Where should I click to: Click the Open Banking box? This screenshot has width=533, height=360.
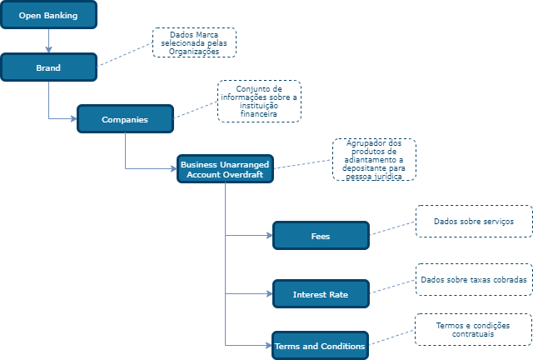48,14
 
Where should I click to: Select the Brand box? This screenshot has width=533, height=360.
48,67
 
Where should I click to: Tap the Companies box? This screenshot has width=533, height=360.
125,119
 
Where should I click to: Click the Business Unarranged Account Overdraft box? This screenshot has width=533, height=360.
226,169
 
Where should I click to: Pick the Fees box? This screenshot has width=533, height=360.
321,236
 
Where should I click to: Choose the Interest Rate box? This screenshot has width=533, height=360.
321,294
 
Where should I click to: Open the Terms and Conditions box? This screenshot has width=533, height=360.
321,345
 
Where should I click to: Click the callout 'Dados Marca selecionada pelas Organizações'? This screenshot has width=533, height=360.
194,42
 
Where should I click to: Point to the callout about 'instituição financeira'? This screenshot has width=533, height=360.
259,101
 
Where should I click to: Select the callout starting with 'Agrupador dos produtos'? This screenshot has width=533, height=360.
374,159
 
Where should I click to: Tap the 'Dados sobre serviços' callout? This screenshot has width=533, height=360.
473,222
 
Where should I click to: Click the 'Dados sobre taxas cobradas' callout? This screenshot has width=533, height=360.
473,280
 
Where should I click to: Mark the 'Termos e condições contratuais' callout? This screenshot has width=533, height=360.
473,329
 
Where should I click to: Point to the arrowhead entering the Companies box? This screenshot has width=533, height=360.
73,119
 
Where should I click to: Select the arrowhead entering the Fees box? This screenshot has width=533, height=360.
269,236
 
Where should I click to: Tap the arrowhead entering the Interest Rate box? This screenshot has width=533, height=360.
269,294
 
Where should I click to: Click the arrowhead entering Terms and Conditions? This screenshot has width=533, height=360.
269,345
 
